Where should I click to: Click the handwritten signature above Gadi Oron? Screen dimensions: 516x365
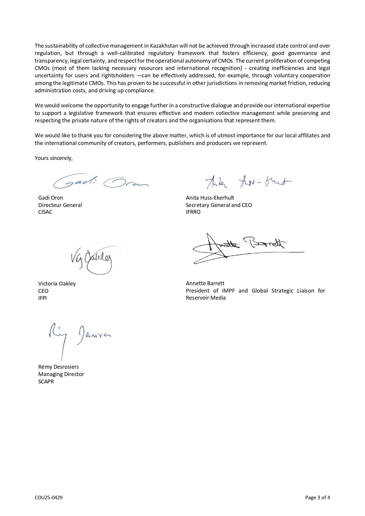pyautogui.click(x=101, y=182)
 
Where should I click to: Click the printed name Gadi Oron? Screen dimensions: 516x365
pyautogui.click(x=51, y=198)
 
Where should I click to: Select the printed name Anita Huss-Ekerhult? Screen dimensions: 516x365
pyautogui.click(x=210, y=198)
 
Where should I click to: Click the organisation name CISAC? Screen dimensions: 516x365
pyautogui.click(x=45, y=212)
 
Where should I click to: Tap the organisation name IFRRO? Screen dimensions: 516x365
pyautogui.click(x=193, y=212)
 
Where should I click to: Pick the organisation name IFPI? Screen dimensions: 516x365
pyautogui.click(x=42, y=298)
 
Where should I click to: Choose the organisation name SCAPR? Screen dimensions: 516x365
pyautogui.click(x=46, y=382)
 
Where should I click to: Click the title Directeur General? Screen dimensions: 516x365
pyautogui.click(x=60, y=205)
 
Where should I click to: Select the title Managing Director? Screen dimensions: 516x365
pyautogui.click(x=61, y=374)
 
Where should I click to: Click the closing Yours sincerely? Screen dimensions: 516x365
pyautogui.click(x=54, y=158)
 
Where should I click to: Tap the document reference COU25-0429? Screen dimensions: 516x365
pyautogui.click(x=49, y=497)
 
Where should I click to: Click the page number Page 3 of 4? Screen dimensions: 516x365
pyautogui.click(x=318, y=497)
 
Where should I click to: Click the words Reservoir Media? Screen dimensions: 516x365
pyautogui.click(x=206, y=298)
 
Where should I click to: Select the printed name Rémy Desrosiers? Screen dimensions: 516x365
pyautogui.click(x=59, y=367)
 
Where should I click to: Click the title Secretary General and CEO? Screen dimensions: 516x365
pyautogui.click(x=219, y=205)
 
